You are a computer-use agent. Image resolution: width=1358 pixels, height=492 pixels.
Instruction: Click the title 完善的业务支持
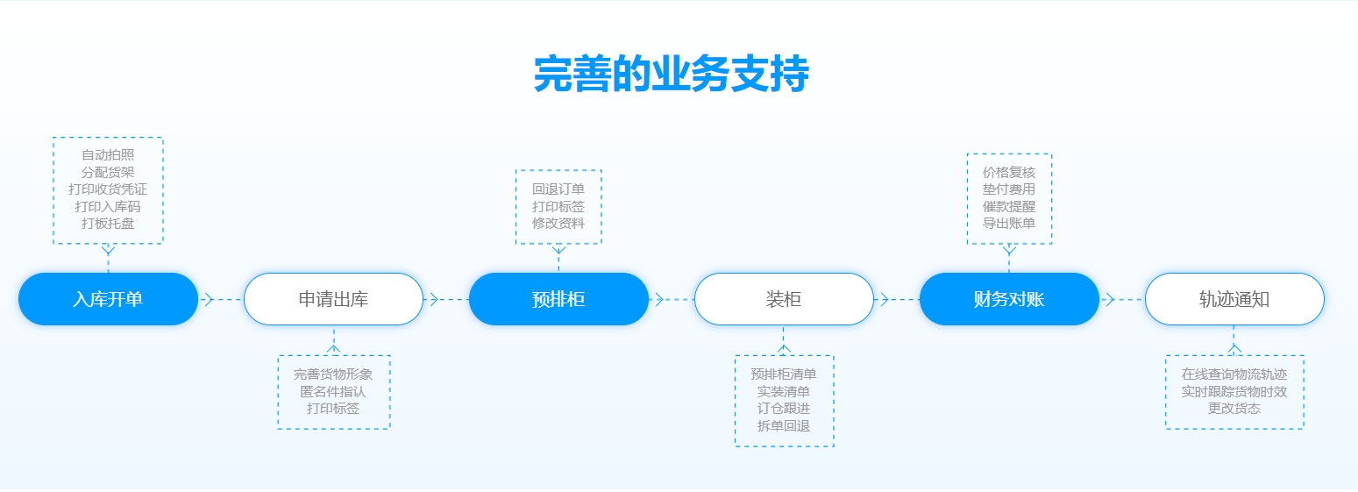671,75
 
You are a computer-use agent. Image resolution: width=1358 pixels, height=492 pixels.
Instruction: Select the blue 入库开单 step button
108,299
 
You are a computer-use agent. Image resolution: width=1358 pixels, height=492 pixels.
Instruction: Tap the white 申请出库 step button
333,299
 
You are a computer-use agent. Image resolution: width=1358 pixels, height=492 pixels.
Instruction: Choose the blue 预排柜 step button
558,299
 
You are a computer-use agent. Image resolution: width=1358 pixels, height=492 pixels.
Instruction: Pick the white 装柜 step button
784,299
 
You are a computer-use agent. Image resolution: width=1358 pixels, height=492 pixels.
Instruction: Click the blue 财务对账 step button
1009,299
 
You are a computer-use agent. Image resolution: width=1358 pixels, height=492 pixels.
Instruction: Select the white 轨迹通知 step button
1234,299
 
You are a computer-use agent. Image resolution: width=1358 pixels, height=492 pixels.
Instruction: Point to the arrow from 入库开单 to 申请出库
209,299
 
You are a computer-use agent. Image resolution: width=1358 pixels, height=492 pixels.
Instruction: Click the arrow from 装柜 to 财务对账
885,299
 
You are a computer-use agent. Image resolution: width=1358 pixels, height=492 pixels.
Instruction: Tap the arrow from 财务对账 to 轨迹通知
1110,299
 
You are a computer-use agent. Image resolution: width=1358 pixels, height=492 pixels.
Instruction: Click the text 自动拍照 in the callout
108,155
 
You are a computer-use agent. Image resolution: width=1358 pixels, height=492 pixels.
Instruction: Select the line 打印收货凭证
108,189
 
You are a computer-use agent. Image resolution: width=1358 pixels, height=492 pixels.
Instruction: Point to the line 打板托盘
108,224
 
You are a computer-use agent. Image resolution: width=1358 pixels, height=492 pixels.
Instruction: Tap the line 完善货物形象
333,374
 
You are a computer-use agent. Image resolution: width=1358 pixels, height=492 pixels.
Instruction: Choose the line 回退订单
558,189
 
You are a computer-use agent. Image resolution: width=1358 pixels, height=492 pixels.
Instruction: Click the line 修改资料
558,224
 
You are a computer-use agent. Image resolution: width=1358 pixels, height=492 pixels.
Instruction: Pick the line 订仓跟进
784,409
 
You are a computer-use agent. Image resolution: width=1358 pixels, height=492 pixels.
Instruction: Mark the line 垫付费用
1009,189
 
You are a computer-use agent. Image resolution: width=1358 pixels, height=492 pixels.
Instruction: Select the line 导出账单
1009,224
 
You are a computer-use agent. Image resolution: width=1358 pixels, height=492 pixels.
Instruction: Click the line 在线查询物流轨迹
1234,374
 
